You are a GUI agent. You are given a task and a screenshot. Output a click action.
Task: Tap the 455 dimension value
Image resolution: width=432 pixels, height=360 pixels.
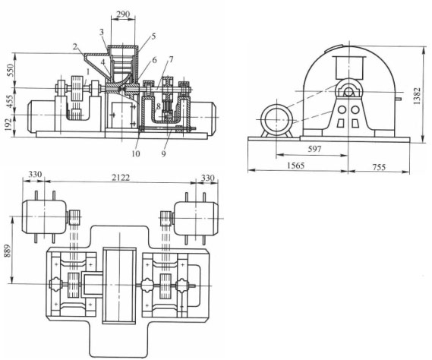tap(8, 103)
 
